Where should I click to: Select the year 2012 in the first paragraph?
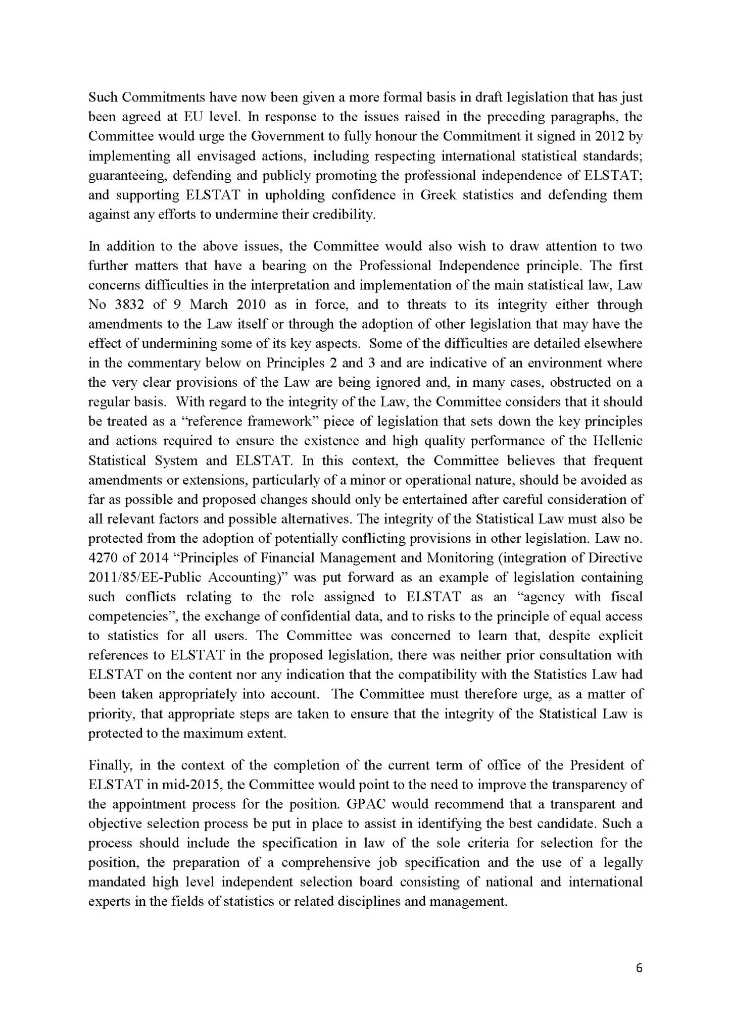pyautogui.click(x=612, y=137)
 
